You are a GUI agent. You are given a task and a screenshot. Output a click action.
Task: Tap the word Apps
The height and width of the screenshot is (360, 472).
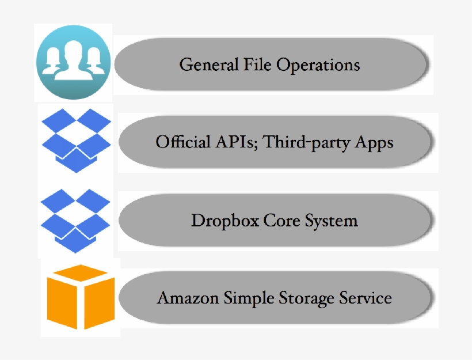point(375,142)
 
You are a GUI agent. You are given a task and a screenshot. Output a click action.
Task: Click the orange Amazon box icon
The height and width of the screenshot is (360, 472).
point(81,297)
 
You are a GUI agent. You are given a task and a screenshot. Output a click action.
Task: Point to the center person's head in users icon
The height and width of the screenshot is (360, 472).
point(73,51)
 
